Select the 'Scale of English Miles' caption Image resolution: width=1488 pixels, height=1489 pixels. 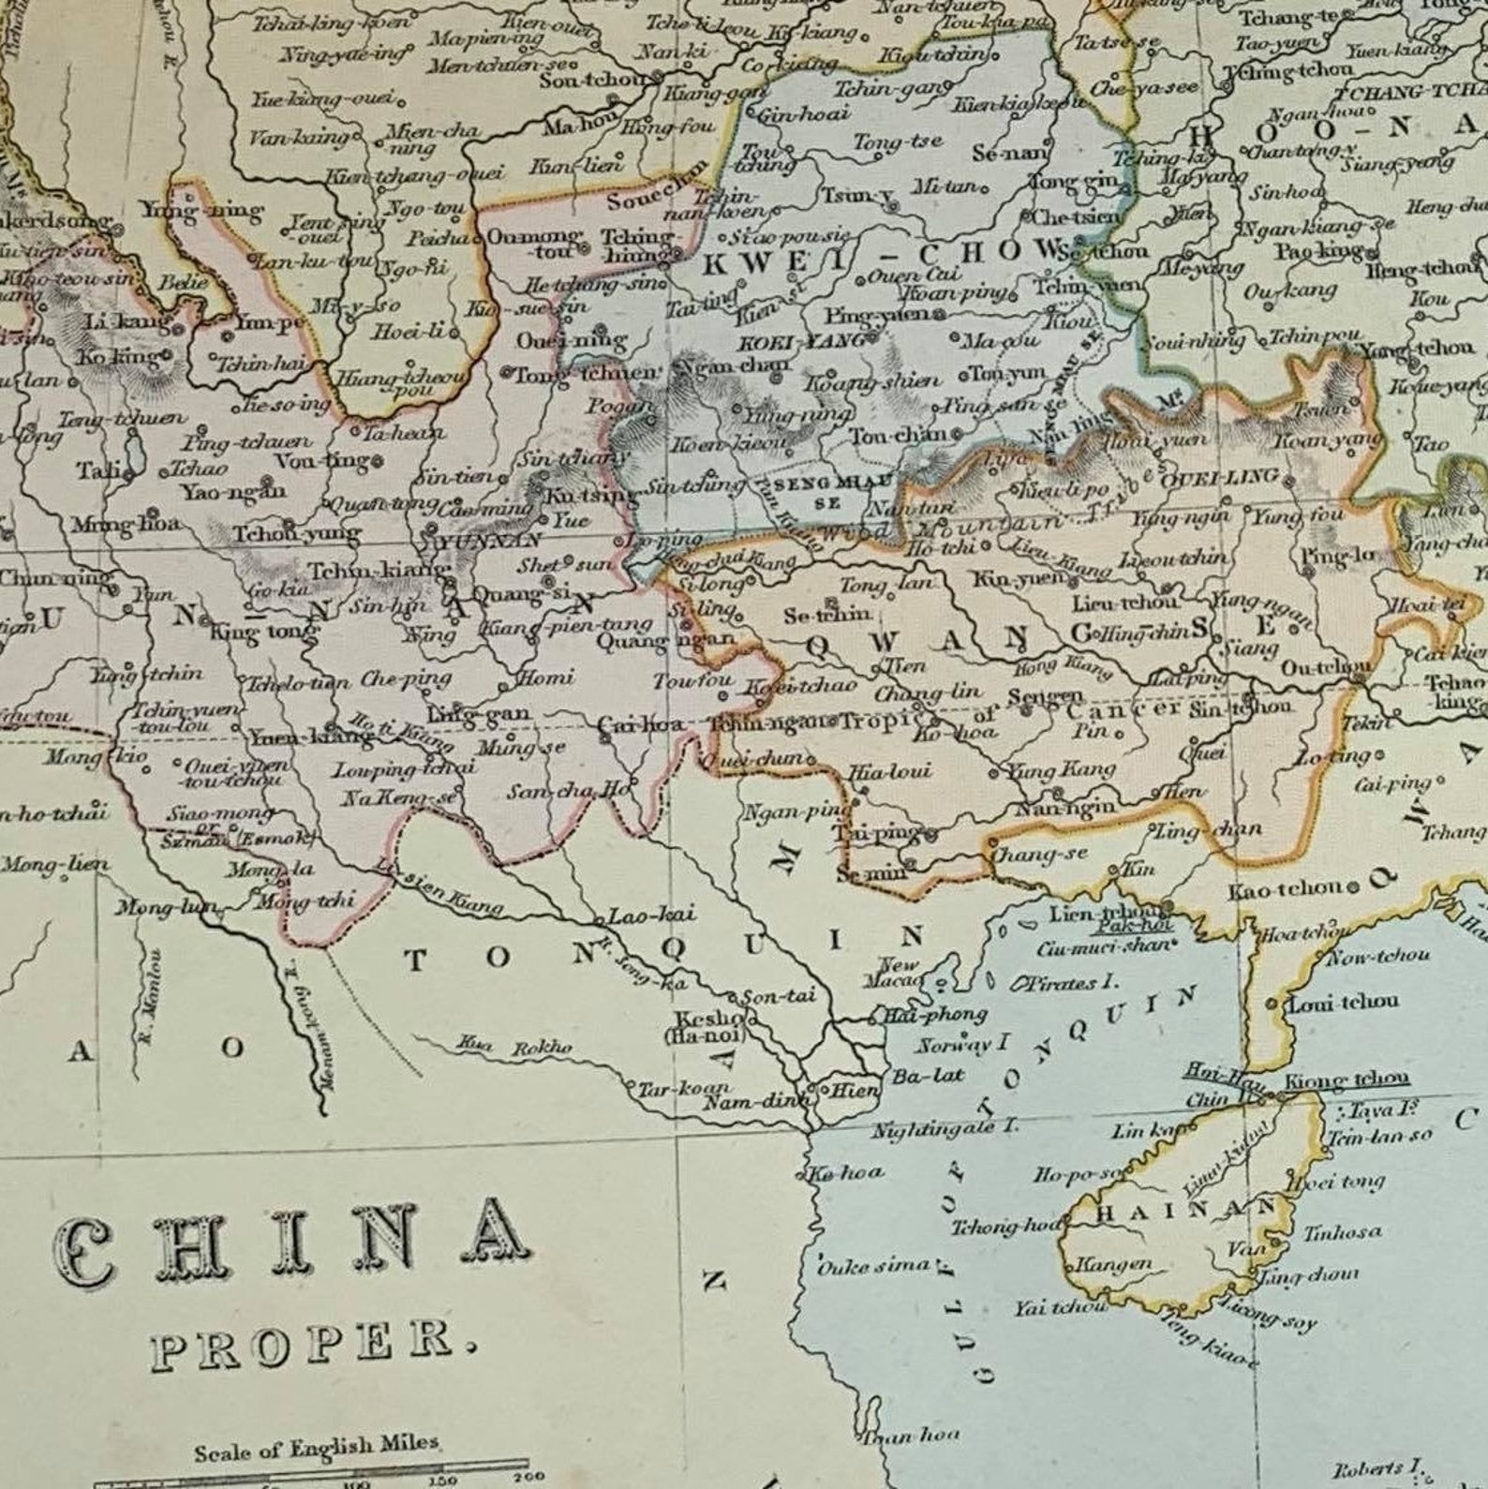click(317, 1448)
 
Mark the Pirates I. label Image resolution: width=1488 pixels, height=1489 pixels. click(1067, 983)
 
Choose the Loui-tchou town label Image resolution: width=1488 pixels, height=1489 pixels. click(1343, 1002)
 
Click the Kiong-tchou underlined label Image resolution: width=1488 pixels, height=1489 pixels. click(1346, 1080)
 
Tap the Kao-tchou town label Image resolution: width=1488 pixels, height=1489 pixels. click(1292, 886)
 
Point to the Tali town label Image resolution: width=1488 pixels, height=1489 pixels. click(98, 469)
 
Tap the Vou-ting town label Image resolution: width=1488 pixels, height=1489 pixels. click(323, 461)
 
